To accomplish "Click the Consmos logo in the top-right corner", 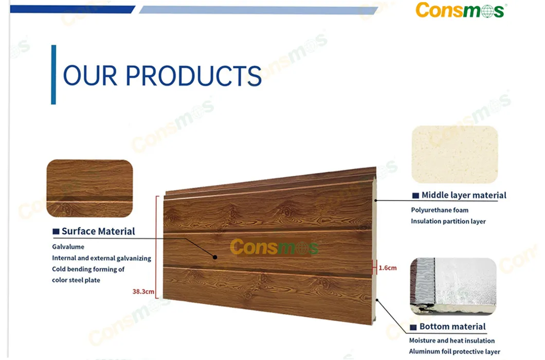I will pyautogui.click(x=461, y=10).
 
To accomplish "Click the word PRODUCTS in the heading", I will pyautogui.click(x=194, y=76).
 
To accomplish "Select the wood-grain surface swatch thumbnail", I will pyautogui.click(x=89, y=188).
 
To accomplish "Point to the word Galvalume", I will pyautogui.click(x=68, y=247).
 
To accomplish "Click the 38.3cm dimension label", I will pyautogui.click(x=143, y=292).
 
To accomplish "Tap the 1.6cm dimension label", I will pyautogui.click(x=388, y=268).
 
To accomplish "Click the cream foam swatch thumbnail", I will pyautogui.click(x=455, y=155).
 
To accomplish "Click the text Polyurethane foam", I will pyautogui.click(x=440, y=210).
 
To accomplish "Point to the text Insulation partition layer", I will pyautogui.click(x=448, y=221).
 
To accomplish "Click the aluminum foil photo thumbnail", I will pyautogui.click(x=453, y=286).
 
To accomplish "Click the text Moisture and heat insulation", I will pyautogui.click(x=452, y=340).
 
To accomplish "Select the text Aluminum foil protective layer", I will pyautogui.click(x=455, y=352).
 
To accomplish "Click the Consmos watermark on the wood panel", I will pyautogui.click(x=275, y=247).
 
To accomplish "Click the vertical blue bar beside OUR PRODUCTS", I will pyautogui.click(x=53, y=75).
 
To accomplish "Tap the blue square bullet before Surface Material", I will pyautogui.click(x=56, y=232).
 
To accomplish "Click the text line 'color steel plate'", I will pyautogui.click(x=76, y=280).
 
